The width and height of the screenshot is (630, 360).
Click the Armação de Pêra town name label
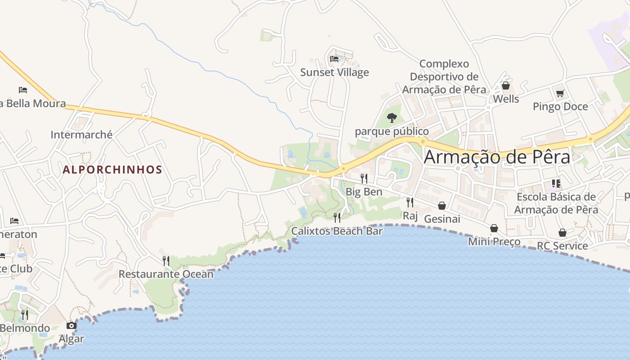point(497,157)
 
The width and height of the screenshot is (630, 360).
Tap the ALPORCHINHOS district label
point(112,170)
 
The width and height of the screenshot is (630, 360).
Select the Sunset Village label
point(334,72)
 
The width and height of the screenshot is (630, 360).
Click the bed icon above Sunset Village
point(334,59)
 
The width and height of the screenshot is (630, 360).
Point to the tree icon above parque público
point(392,118)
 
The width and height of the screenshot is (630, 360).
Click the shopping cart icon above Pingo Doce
point(560,94)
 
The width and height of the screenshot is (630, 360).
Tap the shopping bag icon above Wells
point(506,85)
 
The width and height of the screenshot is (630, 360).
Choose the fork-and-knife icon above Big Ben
point(364,178)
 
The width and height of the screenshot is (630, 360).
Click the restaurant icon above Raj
point(410,202)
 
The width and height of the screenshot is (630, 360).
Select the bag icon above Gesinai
point(442,206)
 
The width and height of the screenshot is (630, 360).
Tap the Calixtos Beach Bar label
point(337,231)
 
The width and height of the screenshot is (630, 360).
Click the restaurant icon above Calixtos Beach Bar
point(337,218)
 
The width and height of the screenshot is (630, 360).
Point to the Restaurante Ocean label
point(166,274)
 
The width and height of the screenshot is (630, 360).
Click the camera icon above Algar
point(72,325)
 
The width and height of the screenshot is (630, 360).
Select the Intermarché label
point(81,135)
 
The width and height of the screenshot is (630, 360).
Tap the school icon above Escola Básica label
point(556,183)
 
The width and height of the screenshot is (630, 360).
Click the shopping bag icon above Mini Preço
point(494,228)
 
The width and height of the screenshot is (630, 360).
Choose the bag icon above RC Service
point(562,233)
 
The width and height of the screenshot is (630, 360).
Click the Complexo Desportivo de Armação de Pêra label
point(444,77)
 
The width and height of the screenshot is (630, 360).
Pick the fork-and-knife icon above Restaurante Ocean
point(166,261)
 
